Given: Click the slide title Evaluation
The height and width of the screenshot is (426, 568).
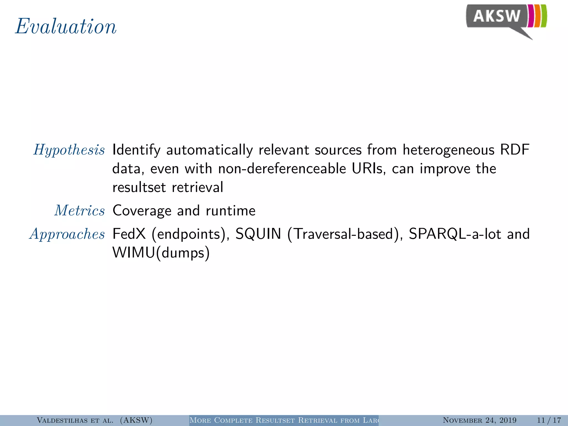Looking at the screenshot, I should click(x=66, y=27).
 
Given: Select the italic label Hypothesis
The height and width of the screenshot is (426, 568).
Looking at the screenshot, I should click(x=69, y=150).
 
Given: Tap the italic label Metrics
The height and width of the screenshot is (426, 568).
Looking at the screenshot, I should click(x=80, y=211).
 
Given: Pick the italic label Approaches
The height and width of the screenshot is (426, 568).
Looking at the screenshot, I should click(x=67, y=234).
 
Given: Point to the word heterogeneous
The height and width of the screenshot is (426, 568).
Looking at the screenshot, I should click(x=448, y=150).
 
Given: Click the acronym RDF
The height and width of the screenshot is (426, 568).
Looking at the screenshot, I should click(x=515, y=150).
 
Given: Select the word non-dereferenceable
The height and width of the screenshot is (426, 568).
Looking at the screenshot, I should click(x=282, y=169).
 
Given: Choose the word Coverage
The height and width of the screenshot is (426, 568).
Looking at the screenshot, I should click(x=142, y=211).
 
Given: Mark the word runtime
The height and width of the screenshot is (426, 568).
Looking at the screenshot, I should click(x=230, y=211).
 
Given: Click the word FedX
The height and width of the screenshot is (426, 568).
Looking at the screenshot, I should click(x=129, y=234).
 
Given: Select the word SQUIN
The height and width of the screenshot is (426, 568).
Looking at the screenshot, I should click(x=258, y=234).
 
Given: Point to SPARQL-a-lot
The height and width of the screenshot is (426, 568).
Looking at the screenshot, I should click(x=455, y=234).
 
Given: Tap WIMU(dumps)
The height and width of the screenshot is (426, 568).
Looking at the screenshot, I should click(x=161, y=253).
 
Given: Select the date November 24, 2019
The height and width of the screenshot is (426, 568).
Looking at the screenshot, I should click(x=480, y=420).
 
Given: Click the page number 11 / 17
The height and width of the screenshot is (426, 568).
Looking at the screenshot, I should click(x=549, y=420).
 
